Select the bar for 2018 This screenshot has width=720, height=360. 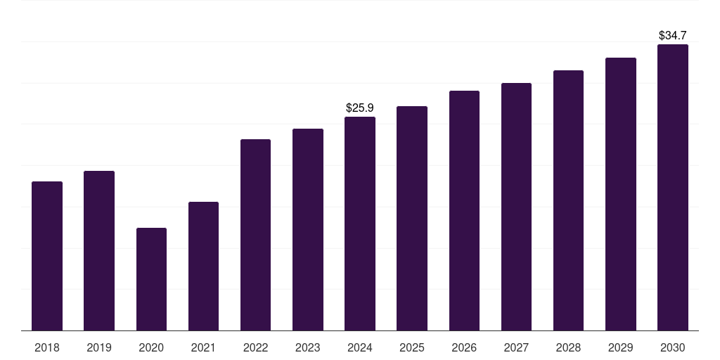pos(47,256)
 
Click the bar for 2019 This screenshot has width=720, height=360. pos(99,251)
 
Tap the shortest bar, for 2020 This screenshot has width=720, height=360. pos(152,279)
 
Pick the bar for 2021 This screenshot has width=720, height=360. pos(203,266)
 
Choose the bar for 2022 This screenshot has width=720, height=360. pos(255,235)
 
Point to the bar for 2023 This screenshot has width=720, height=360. pos(308,230)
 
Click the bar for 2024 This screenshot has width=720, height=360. pos(360,224)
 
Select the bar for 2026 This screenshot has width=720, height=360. pos(464,211)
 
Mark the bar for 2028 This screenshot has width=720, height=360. pos(568,200)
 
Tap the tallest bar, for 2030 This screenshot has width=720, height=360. pos(673,187)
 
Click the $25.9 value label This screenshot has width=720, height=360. pos(360,108)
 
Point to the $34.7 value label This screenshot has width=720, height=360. pos(673,35)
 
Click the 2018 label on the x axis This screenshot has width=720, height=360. pos(47,347)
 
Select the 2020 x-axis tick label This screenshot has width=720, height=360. pos(152,347)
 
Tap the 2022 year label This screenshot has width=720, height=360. pos(255,347)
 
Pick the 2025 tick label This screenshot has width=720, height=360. pos(412,347)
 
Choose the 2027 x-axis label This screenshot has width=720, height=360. pos(516,347)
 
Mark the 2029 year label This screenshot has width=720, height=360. pos(620,347)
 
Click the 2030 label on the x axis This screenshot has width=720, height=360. pos(673,347)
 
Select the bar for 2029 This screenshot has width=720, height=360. pos(621,194)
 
